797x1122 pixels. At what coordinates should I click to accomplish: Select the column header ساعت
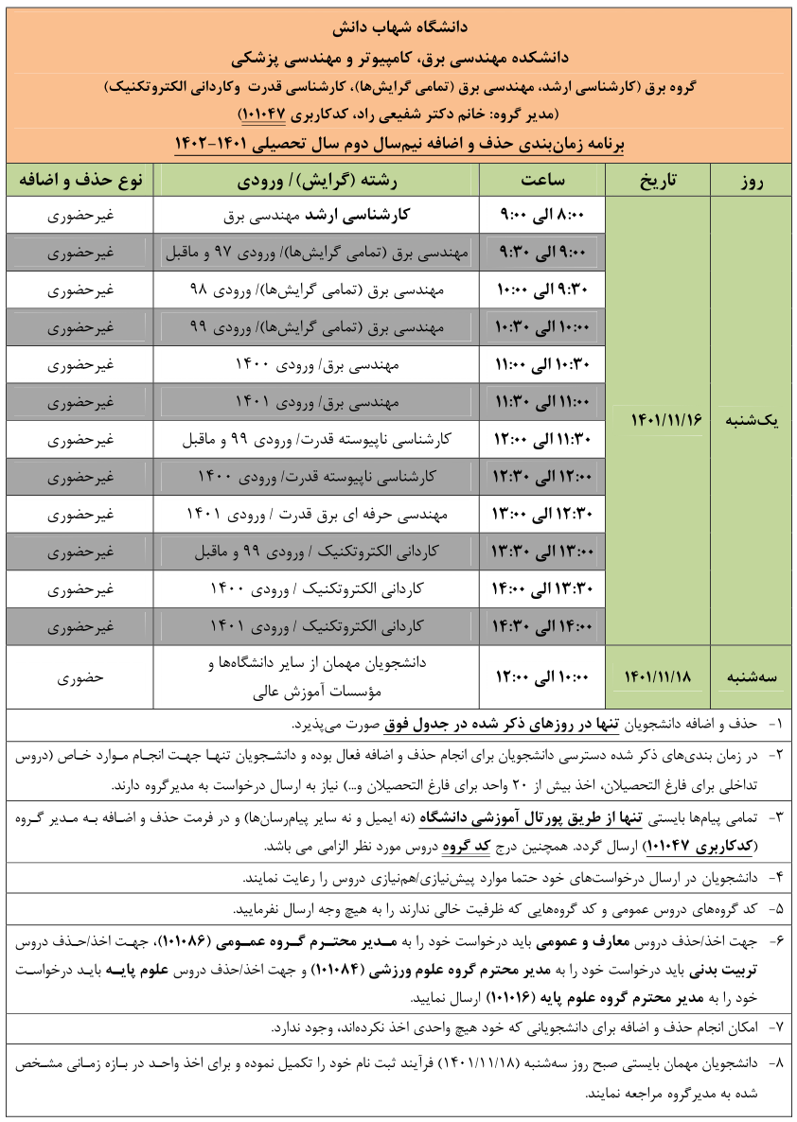point(542,181)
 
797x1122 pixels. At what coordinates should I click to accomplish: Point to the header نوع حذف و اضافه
point(80,181)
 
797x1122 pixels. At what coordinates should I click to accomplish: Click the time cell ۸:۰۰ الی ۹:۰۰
point(542,216)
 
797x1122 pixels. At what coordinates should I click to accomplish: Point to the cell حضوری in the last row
point(80,677)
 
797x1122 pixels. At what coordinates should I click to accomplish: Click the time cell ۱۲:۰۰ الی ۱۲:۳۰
point(542,476)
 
